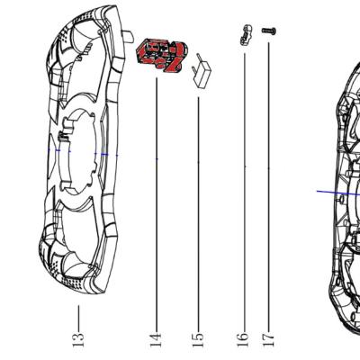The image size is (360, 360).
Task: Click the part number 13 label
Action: tap(78, 339)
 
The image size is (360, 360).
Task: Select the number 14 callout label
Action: tap(156, 340)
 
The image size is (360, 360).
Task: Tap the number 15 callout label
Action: tap(198, 340)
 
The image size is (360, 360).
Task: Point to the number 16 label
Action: tap(243, 339)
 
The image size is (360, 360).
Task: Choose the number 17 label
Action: tap(268, 339)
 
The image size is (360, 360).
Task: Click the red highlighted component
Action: tap(162, 55)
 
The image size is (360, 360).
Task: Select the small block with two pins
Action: tap(202, 71)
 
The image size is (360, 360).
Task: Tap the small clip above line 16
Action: tap(246, 35)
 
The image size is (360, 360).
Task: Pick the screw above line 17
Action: tap(269, 31)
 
